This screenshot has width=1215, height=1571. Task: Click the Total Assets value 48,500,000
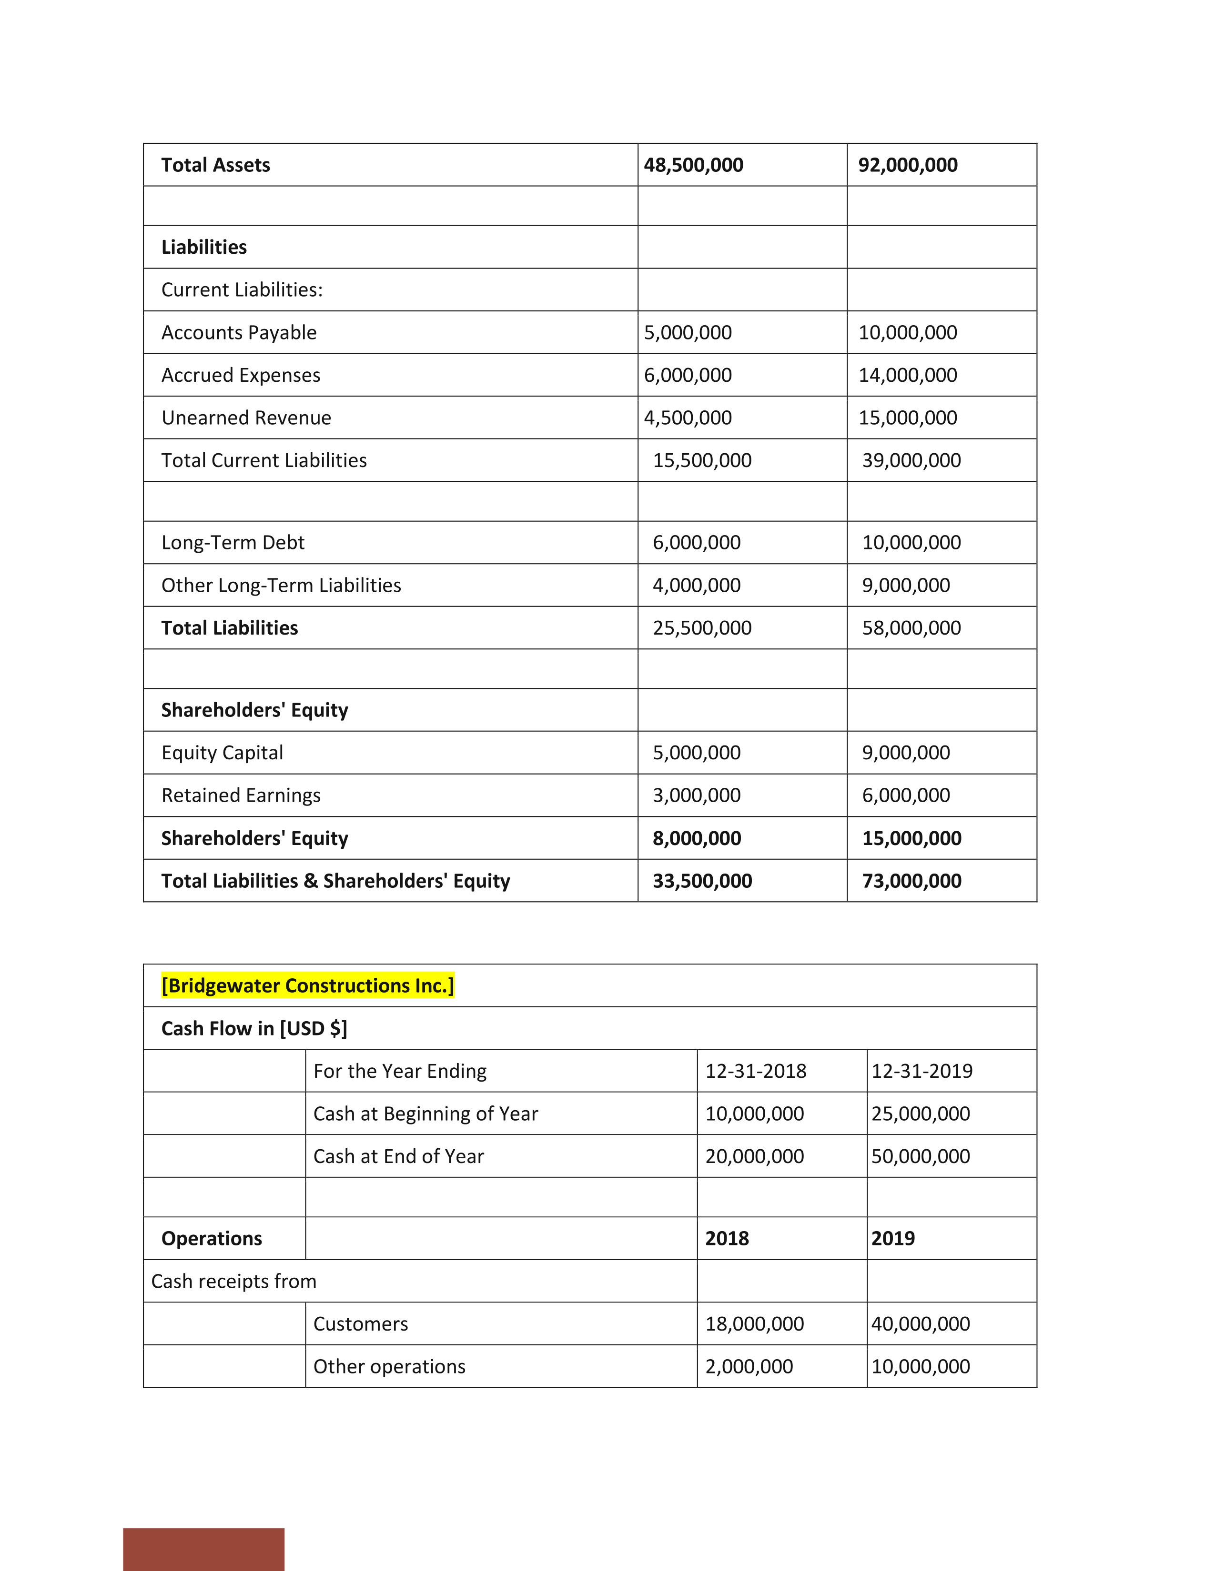pos(693,165)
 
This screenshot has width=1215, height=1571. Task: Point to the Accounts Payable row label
pos(239,332)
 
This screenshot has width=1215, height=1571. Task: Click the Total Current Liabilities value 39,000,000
pos(911,460)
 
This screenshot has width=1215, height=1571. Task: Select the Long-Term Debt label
pos(233,542)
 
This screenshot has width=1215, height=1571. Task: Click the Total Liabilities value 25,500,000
pos(702,628)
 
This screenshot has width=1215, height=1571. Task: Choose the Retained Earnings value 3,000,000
pos(696,795)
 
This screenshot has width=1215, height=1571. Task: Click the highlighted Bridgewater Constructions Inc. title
pos(307,985)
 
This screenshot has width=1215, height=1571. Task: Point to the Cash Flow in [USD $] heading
pos(254,1029)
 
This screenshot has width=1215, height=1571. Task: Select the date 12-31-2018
pos(755,1071)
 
